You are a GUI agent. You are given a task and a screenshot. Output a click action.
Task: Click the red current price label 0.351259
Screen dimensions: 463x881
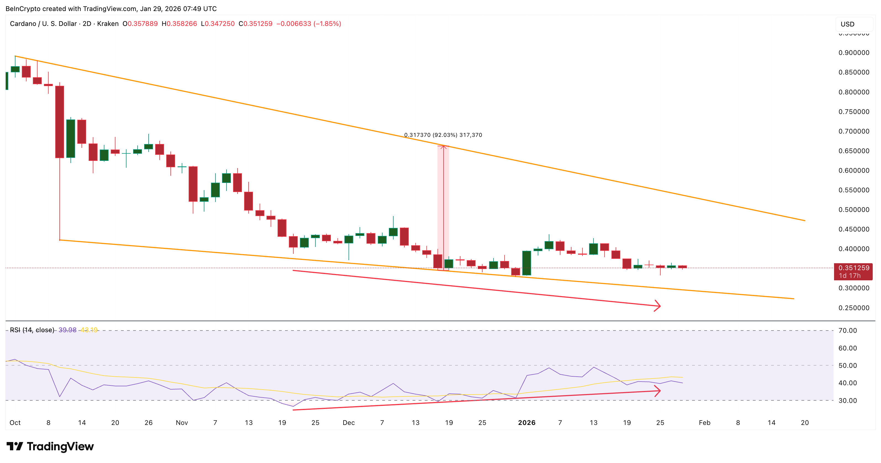click(x=854, y=268)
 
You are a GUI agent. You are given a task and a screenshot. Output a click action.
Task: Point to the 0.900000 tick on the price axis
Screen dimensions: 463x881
click(x=854, y=53)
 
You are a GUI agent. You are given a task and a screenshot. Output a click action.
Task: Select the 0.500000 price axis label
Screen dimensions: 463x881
click(x=854, y=209)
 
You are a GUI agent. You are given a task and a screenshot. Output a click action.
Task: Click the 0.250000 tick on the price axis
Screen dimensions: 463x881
click(x=854, y=308)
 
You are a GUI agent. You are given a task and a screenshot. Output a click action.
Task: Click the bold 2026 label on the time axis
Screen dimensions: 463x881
click(x=526, y=423)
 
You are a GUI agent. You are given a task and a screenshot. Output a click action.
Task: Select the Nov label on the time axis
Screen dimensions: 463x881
click(x=182, y=423)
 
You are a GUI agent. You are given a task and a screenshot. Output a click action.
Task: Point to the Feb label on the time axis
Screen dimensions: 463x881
click(x=705, y=423)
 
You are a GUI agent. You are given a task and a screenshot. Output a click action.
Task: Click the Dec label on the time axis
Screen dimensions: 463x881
click(x=349, y=423)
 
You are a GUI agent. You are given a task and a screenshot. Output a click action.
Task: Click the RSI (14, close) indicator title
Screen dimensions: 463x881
click(x=32, y=330)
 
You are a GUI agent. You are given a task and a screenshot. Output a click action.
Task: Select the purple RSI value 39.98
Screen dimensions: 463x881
click(x=67, y=330)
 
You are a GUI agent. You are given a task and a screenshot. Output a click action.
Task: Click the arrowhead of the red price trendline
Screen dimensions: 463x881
click(x=657, y=306)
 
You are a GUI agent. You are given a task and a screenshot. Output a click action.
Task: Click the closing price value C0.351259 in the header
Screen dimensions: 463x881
click(x=255, y=23)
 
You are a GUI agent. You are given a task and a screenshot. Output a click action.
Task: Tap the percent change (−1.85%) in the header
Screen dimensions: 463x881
click(x=327, y=23)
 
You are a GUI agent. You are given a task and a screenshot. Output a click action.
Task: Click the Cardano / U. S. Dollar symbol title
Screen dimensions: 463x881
click(x=43, y=23)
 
